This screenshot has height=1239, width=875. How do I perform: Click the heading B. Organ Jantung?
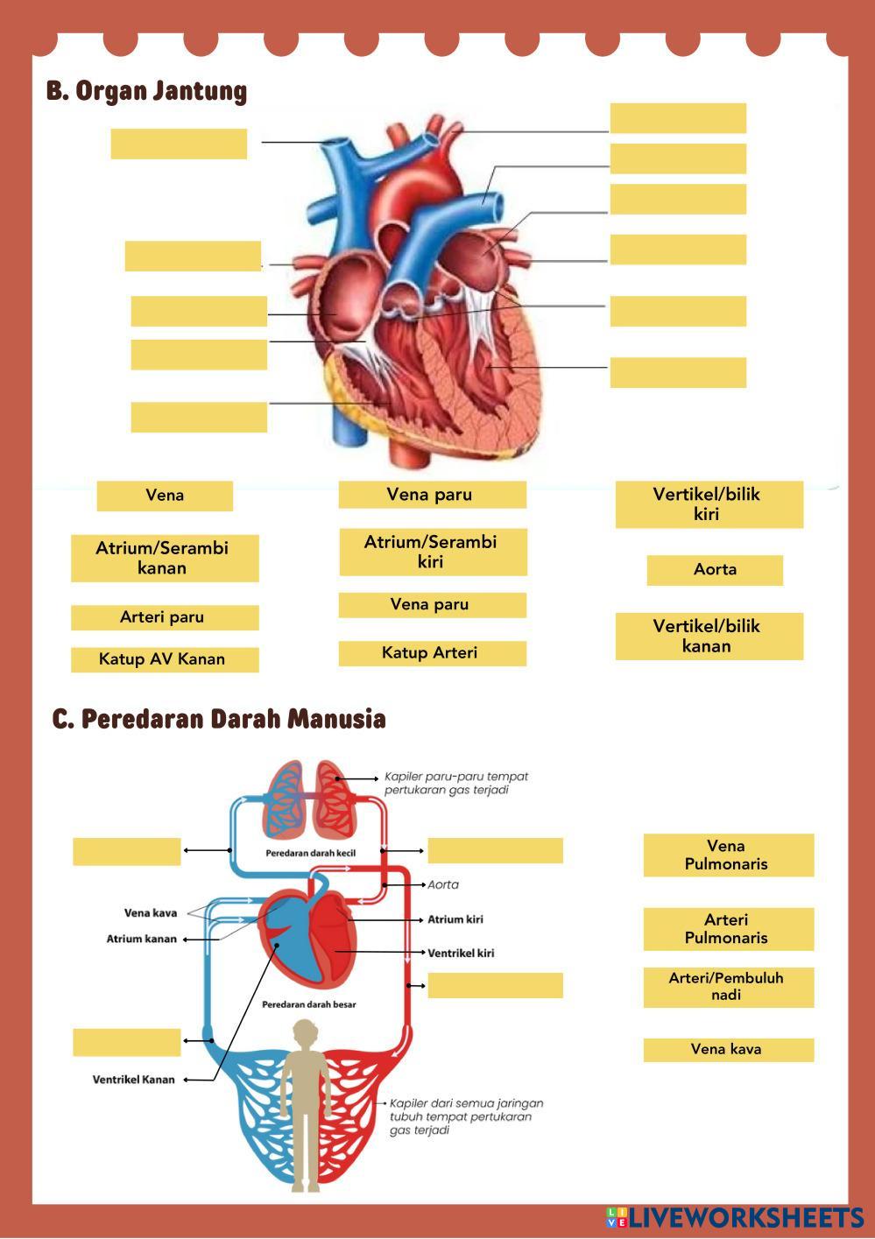tap(146, 91)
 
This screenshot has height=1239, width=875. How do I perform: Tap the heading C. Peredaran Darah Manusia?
tap(219, 719)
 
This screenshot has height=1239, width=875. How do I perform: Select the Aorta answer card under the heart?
tap(715, 570)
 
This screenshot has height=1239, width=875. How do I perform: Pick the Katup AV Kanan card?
tap(165, 659)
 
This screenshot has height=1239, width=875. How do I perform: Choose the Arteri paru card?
tap(165, 617)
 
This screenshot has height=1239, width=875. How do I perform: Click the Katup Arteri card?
tap(432, 653)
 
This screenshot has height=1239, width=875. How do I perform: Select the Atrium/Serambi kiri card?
tap(433, 552)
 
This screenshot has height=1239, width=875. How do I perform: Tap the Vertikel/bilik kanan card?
tap(709, 636)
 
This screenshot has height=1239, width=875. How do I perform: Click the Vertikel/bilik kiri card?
tap(709, 503)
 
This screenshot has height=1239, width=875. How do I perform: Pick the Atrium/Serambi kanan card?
tap(165, 558)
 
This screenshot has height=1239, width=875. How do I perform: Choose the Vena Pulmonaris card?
tap(728, 855)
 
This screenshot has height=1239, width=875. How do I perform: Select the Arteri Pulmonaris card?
tap(728, 928)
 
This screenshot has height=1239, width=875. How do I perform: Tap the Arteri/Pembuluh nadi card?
tap(728, 987)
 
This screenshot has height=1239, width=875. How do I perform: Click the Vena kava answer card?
tap(728, 1049)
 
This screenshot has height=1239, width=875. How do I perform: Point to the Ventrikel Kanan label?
tap(134, 1080)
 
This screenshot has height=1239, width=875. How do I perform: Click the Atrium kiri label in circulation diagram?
tap(455, 919)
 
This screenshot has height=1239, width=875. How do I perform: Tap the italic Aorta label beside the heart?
tap(443, 884)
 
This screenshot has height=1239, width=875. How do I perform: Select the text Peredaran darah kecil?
tap(310, 853)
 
